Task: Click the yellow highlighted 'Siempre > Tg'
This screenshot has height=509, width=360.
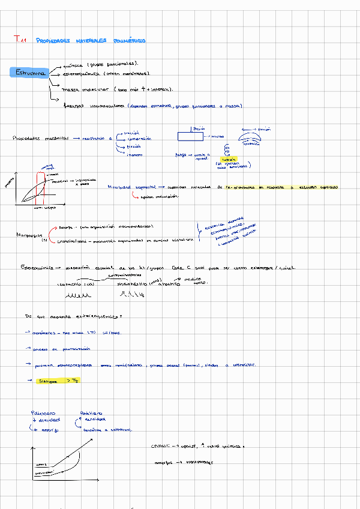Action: coord(58,381)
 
